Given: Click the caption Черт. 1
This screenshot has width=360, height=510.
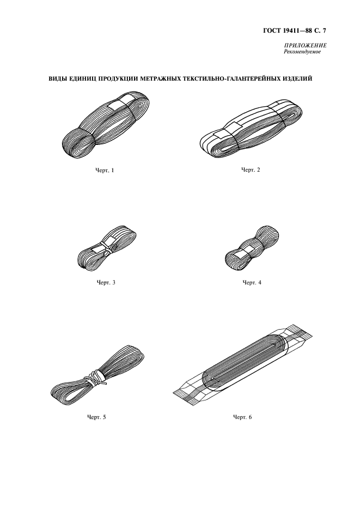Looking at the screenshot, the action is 105,170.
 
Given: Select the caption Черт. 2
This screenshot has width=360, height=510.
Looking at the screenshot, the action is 251,170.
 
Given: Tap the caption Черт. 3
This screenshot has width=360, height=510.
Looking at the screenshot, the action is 106,282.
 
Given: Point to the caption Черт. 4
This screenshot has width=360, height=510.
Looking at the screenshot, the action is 252,282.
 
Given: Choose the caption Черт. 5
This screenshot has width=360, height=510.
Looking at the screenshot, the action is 96,417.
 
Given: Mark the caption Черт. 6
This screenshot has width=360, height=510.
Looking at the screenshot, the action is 242,417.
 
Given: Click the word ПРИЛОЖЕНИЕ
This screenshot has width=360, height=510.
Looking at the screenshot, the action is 306,46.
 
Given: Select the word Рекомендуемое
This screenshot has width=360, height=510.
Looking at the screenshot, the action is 302,51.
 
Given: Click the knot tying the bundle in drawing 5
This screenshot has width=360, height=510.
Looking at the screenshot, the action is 96,379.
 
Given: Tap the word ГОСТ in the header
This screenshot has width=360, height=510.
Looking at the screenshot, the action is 270,31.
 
